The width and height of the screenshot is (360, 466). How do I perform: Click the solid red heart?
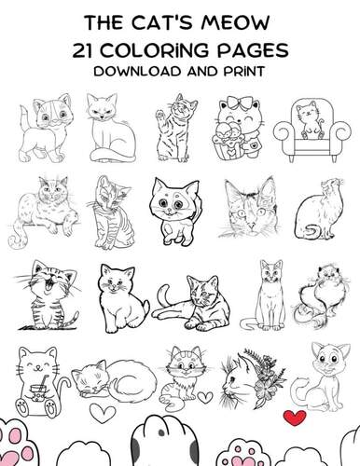(x=298, y=416)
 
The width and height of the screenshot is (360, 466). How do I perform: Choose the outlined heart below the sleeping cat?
(x=106, y=411)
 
